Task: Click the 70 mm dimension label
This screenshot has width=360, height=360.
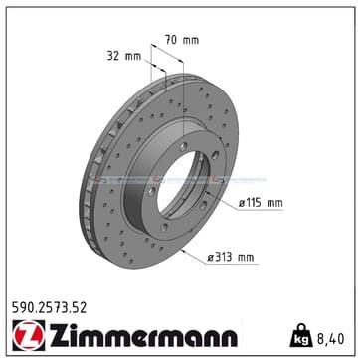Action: coord(182,40)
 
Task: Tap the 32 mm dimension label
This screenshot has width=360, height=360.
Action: coord(124,56)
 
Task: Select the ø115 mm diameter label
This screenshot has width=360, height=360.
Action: coord(261,203)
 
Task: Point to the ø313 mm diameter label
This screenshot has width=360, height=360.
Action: coord(231,257)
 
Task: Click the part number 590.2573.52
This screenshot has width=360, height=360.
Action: coord(49,308)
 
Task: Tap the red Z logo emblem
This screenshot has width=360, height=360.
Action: coord(29,335)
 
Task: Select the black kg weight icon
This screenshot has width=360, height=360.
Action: coord(301,335)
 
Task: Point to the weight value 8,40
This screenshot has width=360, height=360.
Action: coord(329,339)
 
